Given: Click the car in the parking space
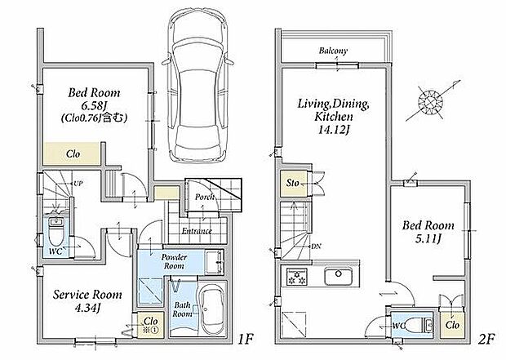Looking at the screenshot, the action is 198,86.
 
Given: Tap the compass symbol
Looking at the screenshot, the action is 431,102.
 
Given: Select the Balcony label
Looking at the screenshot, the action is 333,51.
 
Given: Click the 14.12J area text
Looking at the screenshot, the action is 335,130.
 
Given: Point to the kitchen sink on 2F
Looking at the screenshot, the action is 338,277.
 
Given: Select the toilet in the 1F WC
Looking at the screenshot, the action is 55,231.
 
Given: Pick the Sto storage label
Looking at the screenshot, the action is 293,183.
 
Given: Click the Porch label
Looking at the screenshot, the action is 205,197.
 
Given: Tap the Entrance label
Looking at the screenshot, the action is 197,231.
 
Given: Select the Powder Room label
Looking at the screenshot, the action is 174,261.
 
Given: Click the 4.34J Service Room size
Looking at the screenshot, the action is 87,309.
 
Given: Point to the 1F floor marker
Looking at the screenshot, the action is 246,340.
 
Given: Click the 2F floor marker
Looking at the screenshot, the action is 486,340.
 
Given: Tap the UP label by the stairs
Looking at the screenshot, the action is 78,184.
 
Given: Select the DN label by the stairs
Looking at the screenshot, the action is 316,246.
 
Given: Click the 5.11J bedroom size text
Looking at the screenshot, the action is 428,239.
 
